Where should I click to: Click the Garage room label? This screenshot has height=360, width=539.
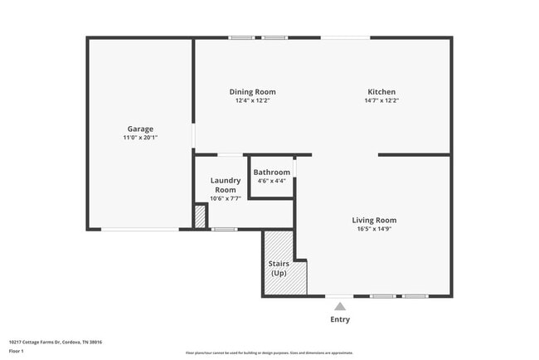[140, 129]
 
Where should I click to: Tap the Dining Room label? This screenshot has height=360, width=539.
[252, 91]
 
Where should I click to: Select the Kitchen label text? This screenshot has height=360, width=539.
[381, 91]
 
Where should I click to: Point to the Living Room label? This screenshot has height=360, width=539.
[376, 220]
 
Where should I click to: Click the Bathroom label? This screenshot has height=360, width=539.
[271, 172]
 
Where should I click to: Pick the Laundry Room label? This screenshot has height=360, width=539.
[225, 185]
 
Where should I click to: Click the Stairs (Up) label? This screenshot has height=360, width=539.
[279, 268]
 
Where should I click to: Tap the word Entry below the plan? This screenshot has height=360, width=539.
[340, 319]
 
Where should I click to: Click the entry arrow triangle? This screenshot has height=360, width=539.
[340, 306]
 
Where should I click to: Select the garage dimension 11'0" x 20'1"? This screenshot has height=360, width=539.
[140, 138]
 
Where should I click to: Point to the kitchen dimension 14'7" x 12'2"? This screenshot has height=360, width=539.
[381, 100]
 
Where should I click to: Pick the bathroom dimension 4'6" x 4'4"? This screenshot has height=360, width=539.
[271, 180]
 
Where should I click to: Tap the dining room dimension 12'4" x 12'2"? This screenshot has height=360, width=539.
[252, 100]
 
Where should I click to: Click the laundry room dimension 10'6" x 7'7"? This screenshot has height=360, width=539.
[225, 198]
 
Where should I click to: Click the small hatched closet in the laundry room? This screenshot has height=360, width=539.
[199, 216]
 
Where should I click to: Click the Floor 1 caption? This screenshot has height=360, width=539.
[17, 351]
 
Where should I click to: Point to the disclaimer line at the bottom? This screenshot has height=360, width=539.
[269, 353]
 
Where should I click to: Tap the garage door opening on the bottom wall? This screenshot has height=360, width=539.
[139, 229]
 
